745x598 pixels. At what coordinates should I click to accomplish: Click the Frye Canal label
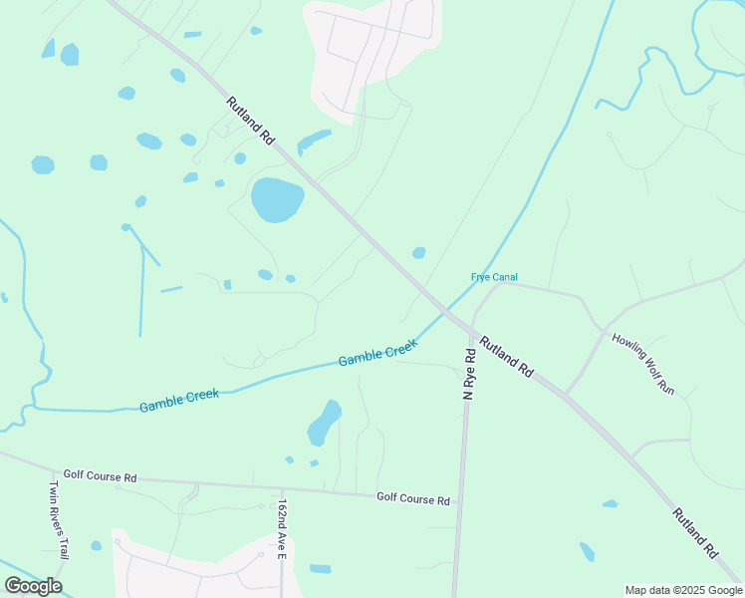coord(494,277)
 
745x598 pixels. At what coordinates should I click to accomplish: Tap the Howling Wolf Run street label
coord(643,364)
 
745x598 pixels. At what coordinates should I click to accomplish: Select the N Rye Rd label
coord(468,375)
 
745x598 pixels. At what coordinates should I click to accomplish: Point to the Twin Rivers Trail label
coord(60,519)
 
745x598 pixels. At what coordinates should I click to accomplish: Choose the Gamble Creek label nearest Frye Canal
coord(376,353)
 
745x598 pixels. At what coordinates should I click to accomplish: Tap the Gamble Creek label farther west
coord(179,401)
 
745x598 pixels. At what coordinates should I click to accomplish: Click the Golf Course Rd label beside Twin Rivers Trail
coord(100,476)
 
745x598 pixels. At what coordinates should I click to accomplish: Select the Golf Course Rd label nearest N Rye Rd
coord(412,498)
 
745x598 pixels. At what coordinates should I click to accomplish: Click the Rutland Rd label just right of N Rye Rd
coord(506,357)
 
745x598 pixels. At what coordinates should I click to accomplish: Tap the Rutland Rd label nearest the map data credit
coord(694,532)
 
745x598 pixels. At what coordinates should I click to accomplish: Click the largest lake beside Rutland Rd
coord(276,199)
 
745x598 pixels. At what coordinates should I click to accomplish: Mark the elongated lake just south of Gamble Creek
coord(324,423)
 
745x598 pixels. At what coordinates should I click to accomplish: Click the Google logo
coord(34,586)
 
